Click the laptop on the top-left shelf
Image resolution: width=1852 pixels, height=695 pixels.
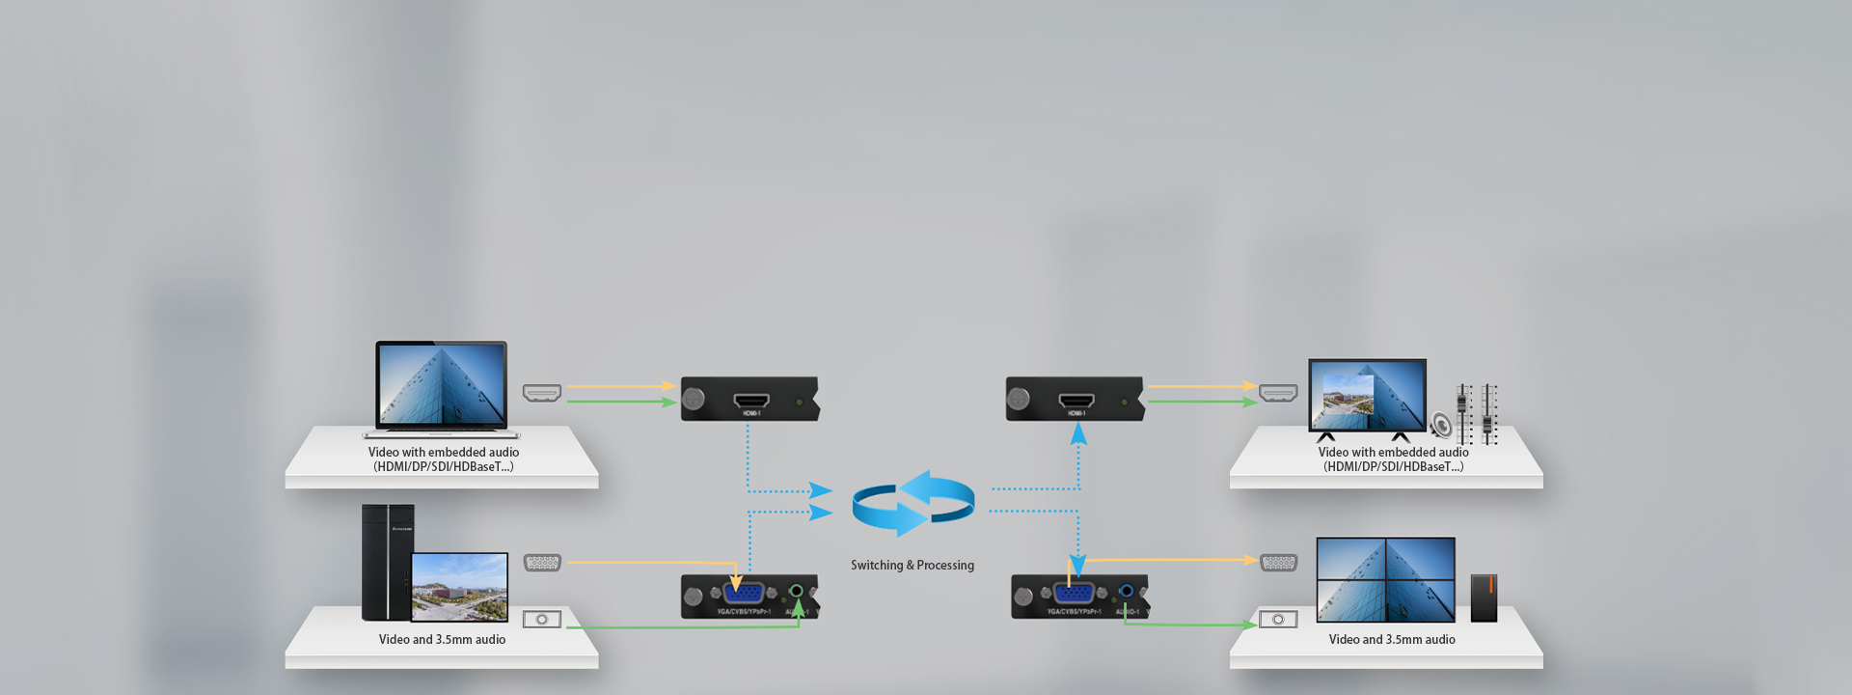point(442,388)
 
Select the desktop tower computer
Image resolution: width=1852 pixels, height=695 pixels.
point(387,562)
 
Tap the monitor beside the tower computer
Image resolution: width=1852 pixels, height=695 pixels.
point(459,587)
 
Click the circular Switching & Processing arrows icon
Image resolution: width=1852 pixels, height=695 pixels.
point(912,504)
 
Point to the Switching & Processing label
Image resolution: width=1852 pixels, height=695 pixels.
point(912,566)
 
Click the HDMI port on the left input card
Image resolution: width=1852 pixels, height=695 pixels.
point(751,400)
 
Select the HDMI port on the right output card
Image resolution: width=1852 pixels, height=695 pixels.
point(1076,400)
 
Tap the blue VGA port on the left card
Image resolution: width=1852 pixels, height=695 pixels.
point(743,592)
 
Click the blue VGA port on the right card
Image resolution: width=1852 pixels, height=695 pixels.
point(1074,592)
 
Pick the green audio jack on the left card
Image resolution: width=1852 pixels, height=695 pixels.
point(797,591)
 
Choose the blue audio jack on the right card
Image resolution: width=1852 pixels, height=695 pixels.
point(1127,591)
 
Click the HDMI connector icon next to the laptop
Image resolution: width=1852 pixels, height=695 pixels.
point(542,393)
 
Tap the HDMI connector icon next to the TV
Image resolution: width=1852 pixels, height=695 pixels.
point(1278,393)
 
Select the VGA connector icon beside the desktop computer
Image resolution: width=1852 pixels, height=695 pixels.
point(542,563)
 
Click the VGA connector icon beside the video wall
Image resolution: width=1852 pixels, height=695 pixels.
point(1279,563)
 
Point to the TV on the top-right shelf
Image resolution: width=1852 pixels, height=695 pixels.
point(1367,396)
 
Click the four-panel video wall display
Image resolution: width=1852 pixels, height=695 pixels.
point(1385,579)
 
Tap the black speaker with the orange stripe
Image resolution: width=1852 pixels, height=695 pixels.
point(1484,598)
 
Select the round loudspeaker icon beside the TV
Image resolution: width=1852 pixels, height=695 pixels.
point(1441,425)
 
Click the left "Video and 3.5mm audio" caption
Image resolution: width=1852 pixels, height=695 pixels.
point(442,640)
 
